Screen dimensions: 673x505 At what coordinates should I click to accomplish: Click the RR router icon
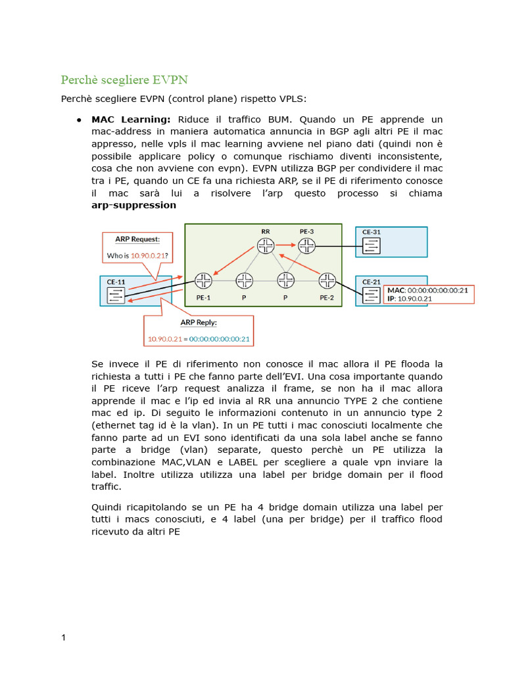(x=266, y=246)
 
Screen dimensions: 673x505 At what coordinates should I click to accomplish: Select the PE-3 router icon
(x=307, y=246)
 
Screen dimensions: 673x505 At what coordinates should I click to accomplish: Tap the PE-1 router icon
(x=203, y=281)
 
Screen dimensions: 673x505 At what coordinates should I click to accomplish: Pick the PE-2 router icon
(x=327, y=281)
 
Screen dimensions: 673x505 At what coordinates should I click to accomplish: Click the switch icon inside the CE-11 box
(x=116, y=295)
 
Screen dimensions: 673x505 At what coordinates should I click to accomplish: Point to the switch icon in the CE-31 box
(x=372, y=246)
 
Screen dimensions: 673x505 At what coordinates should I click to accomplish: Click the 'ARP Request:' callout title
(x=137, y=240)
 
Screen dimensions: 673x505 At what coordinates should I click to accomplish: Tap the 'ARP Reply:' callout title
(x=199, y=323)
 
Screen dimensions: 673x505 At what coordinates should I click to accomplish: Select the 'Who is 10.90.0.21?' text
(x=137, y=255)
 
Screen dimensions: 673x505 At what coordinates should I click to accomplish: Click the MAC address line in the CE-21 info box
(x=428, y=290)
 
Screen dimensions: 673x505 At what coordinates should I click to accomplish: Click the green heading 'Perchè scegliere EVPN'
(x=124, y=80)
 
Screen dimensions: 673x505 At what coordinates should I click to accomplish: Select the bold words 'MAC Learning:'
(x=131, y=120)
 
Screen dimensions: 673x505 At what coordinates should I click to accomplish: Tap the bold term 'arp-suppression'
(x=133, y=205)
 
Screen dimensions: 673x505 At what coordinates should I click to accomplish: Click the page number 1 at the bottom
(x=63, y=638)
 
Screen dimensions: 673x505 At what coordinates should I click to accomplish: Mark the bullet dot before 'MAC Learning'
(x=78, y=120)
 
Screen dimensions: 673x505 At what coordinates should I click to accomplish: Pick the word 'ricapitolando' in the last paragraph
(x=160, y=507)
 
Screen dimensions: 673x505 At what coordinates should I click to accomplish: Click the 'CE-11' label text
(x=116, y=282)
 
